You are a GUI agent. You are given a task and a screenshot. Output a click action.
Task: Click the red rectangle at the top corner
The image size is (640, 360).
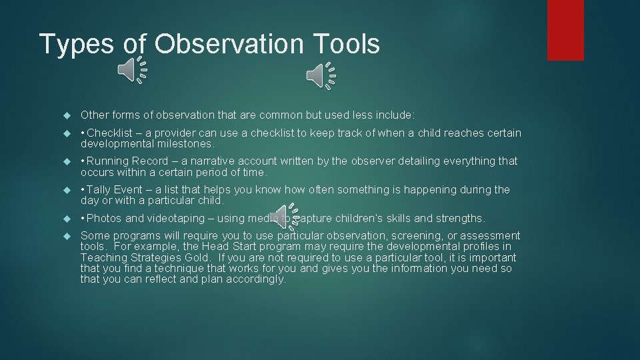click(x=565, y=30)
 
